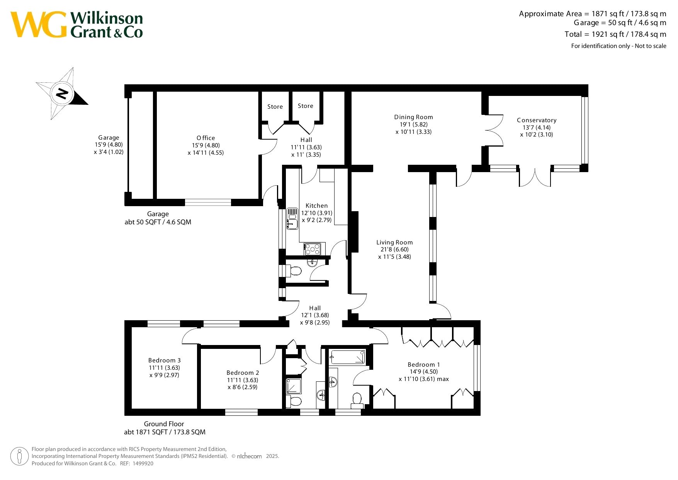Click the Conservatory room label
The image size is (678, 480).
click(x=537, y=120)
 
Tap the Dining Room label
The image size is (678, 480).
click(x=413, y=117)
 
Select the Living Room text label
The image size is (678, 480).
click(x=394, y=243)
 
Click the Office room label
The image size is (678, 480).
click(x=206, y=138)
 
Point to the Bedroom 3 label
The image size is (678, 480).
click(x=165, y=360)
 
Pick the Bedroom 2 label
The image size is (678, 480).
click(x=243, y=373)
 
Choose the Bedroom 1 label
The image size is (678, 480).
click(x=424, y=365)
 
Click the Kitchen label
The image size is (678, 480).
click(x=316, y=206)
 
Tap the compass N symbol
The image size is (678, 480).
click(x=62, y=93)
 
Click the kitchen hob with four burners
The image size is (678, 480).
click(x=312, y=249)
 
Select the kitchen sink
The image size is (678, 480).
click(x=292, y=219)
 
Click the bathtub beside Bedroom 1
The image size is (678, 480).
click(x=348, y=357)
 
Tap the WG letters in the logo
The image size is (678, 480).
click(x=39, y=25)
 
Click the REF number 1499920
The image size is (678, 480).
click(x=143, y=463)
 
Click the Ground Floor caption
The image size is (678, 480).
click(x=164, y=424)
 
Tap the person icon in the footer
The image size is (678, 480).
click(x=19, y=456)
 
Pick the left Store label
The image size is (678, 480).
click(x=275, y=107)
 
